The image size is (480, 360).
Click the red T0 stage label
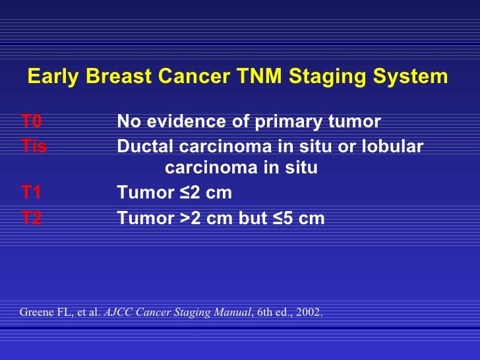pos(31,122)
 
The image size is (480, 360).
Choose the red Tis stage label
pos(34,146)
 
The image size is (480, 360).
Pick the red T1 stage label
pos(31,193)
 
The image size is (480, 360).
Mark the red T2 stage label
pos(31,218)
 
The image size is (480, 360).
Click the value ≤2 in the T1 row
pos(190,193)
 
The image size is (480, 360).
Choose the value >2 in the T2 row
pos(190,218)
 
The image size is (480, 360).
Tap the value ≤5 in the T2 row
pos(284,218)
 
